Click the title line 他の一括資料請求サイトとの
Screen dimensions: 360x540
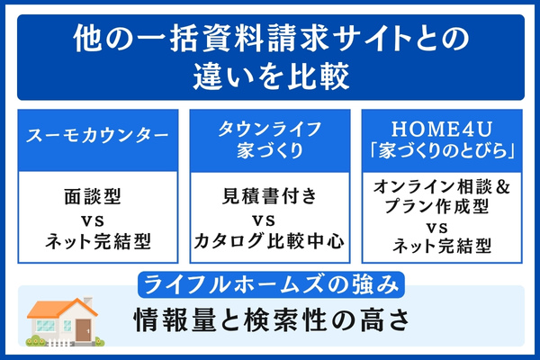tap(270, 40)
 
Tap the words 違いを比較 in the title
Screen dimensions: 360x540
tap(270, 77)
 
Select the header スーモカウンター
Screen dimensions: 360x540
tap(98, 136)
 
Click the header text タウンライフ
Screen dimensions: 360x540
tap(269, 126)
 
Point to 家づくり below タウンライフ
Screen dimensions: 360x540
tap(269, 148)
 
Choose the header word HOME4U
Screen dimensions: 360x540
tap(442, 126)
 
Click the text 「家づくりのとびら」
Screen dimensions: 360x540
tap(442, 148)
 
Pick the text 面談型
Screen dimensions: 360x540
tap(98, 193)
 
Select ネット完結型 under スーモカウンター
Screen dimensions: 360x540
tap(98, 240)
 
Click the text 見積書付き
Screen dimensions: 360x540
tap(269, 193)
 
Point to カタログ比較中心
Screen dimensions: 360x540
tap(269, 240)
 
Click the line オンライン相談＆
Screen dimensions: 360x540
tap(442, 187)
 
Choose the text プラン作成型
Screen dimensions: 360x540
tap(442, 207)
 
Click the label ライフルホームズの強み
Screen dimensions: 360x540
tap(270, 286)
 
